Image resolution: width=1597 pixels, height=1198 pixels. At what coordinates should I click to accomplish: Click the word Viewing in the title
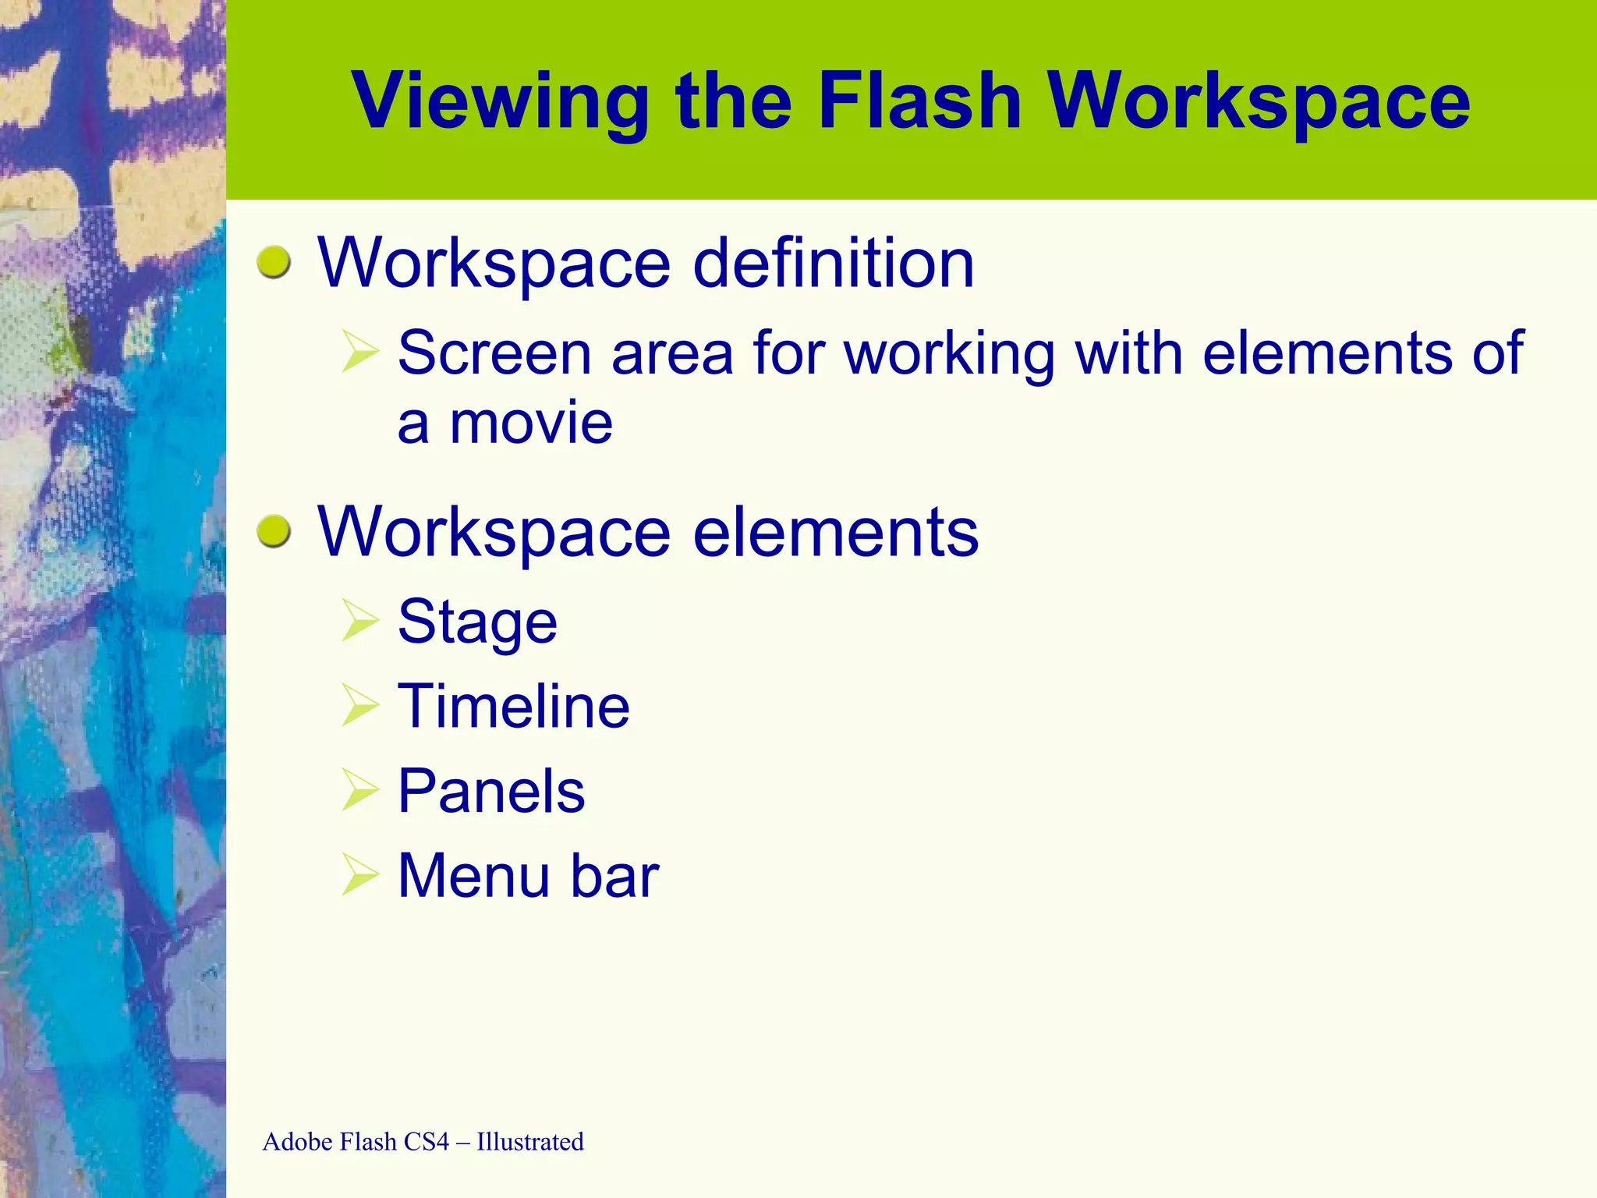click(500, 101)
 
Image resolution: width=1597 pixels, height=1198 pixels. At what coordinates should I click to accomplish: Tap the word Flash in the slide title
click(919, 101)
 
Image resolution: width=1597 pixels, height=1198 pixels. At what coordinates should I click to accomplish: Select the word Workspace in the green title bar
click(1259, 101)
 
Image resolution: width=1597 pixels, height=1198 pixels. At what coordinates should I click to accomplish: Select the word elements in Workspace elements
click(835, 533)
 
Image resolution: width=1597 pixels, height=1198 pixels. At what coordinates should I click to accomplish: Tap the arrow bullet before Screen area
click(359, 352)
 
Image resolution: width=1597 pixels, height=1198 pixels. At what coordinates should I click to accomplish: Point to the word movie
click(531, 424)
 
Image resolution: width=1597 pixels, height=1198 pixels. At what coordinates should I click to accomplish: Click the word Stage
click(477, 622)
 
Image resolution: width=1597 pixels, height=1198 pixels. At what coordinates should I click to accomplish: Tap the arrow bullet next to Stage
click(359, 622)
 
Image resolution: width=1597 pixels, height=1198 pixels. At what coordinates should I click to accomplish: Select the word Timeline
click(513, 707)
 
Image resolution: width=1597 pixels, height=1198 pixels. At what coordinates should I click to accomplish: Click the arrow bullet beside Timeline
click(359, 706)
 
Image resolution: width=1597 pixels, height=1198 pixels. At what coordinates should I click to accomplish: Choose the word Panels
click(491, 791)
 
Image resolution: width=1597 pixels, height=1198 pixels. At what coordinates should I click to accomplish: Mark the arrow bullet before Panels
click(359, 790)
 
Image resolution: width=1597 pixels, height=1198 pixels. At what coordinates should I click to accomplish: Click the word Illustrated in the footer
click(529, 1142)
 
